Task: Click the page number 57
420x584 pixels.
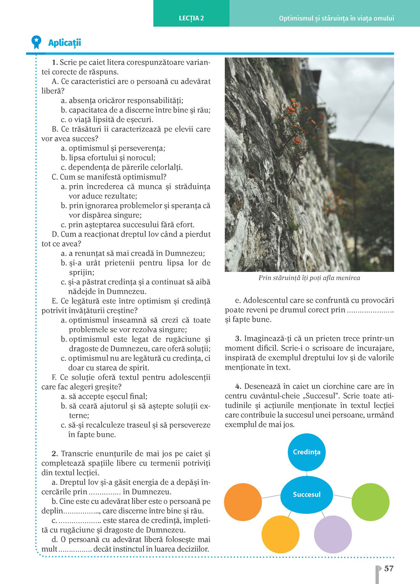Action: click(389, 568)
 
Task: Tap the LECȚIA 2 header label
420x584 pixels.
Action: click(191, 18)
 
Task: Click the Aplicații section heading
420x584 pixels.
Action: click(64, 42)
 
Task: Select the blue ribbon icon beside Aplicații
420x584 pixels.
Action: click(37, 42)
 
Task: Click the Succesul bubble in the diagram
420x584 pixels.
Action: click(307, 495)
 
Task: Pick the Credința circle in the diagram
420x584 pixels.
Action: click(307, 452)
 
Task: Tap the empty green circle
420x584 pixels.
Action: click(370, 502)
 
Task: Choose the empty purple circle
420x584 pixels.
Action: click(333, 534)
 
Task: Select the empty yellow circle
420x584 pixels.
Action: click(281, 534)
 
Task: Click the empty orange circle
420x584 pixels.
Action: click(243, 502)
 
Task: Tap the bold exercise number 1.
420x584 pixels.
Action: click(55, 63)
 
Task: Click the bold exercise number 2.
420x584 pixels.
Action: click(55, 454)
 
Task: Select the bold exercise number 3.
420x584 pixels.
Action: click(238, 339)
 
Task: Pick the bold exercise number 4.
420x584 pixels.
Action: click(238, 387)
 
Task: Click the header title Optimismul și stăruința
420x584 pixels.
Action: click(336, 18)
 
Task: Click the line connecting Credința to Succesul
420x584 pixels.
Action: click(307, 473)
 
